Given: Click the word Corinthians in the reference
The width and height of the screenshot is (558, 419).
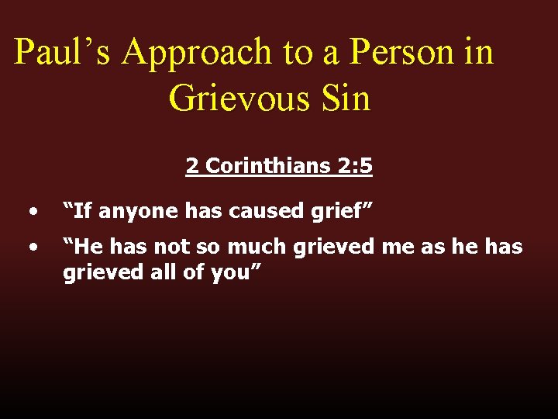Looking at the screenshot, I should [x=267, y=166].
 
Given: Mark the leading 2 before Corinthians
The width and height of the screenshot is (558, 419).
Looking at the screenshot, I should [x=191, y=166].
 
